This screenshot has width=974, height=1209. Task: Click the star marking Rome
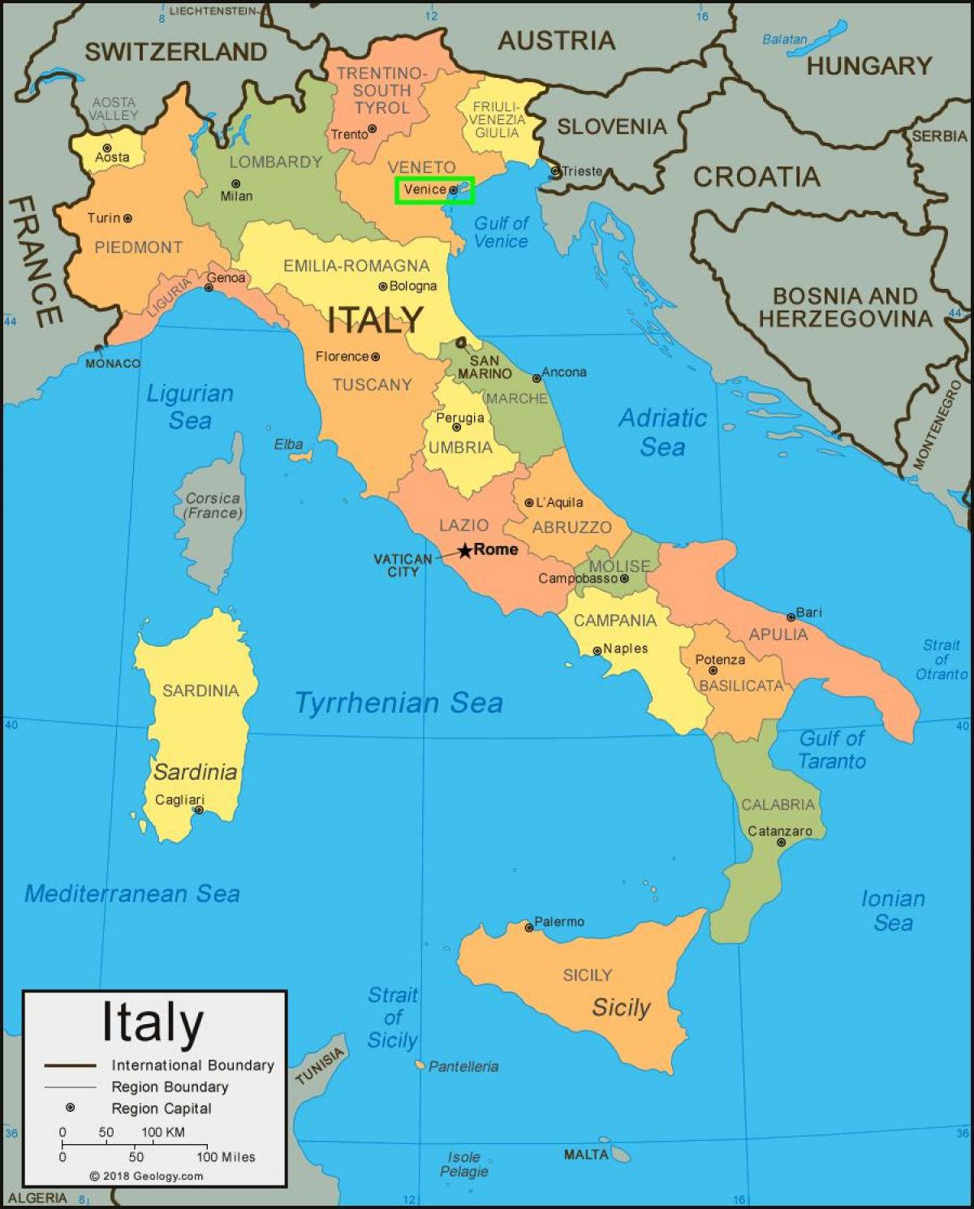(x=464, y=551)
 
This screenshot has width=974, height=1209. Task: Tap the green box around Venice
(x=434, y=191)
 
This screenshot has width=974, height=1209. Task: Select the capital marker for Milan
(x=235, y=184)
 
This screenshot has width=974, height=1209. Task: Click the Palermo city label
(x=559, y=922)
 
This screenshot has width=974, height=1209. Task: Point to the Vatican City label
(x=403, y=565)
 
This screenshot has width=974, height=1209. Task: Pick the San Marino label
(x=485, y=368)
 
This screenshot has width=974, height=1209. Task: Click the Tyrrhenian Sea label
(x=399, y=703)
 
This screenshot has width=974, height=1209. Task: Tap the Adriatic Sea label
(x=662, y=432)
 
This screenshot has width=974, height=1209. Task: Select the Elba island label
(x=288, y=444)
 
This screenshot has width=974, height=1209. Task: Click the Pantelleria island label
(x=463, y=1066)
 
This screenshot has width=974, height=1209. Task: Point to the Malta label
(x=586, y=1154)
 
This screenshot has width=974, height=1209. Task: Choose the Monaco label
(x=113, y=364)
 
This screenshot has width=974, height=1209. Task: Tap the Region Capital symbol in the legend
(x=71, y=1108)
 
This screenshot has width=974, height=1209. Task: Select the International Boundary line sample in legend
(x=71, y=1065)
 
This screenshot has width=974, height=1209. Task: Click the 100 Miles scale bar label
(x=225, y=1157)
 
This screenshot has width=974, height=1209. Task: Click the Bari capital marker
(x=791, y=617)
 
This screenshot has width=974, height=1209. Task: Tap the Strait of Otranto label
(x=942, y=659)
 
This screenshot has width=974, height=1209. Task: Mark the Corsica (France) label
(x=213, y=506)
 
